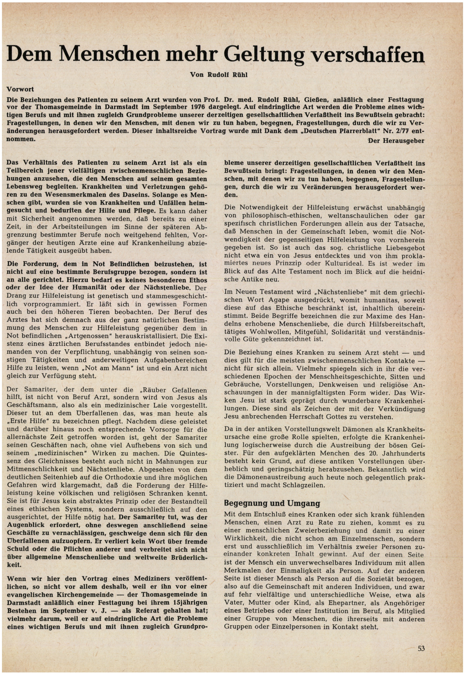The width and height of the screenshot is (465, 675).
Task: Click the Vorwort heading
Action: click(x=20, y=89)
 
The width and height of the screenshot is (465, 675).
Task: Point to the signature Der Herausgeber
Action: click(x=397, y=141)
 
